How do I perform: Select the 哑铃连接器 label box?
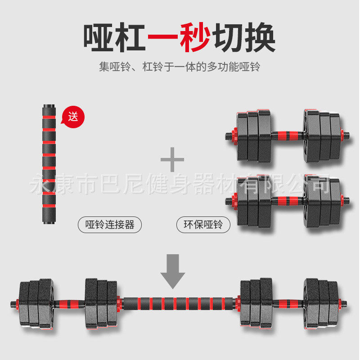pyautogui.click(x=110, y=224)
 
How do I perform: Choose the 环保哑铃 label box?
pyautogui.click(x=203, y=224)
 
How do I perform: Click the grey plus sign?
pyautogui.click(x=172, y=159)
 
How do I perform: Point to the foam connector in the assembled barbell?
pyautogui.click(x=179, y=302)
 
